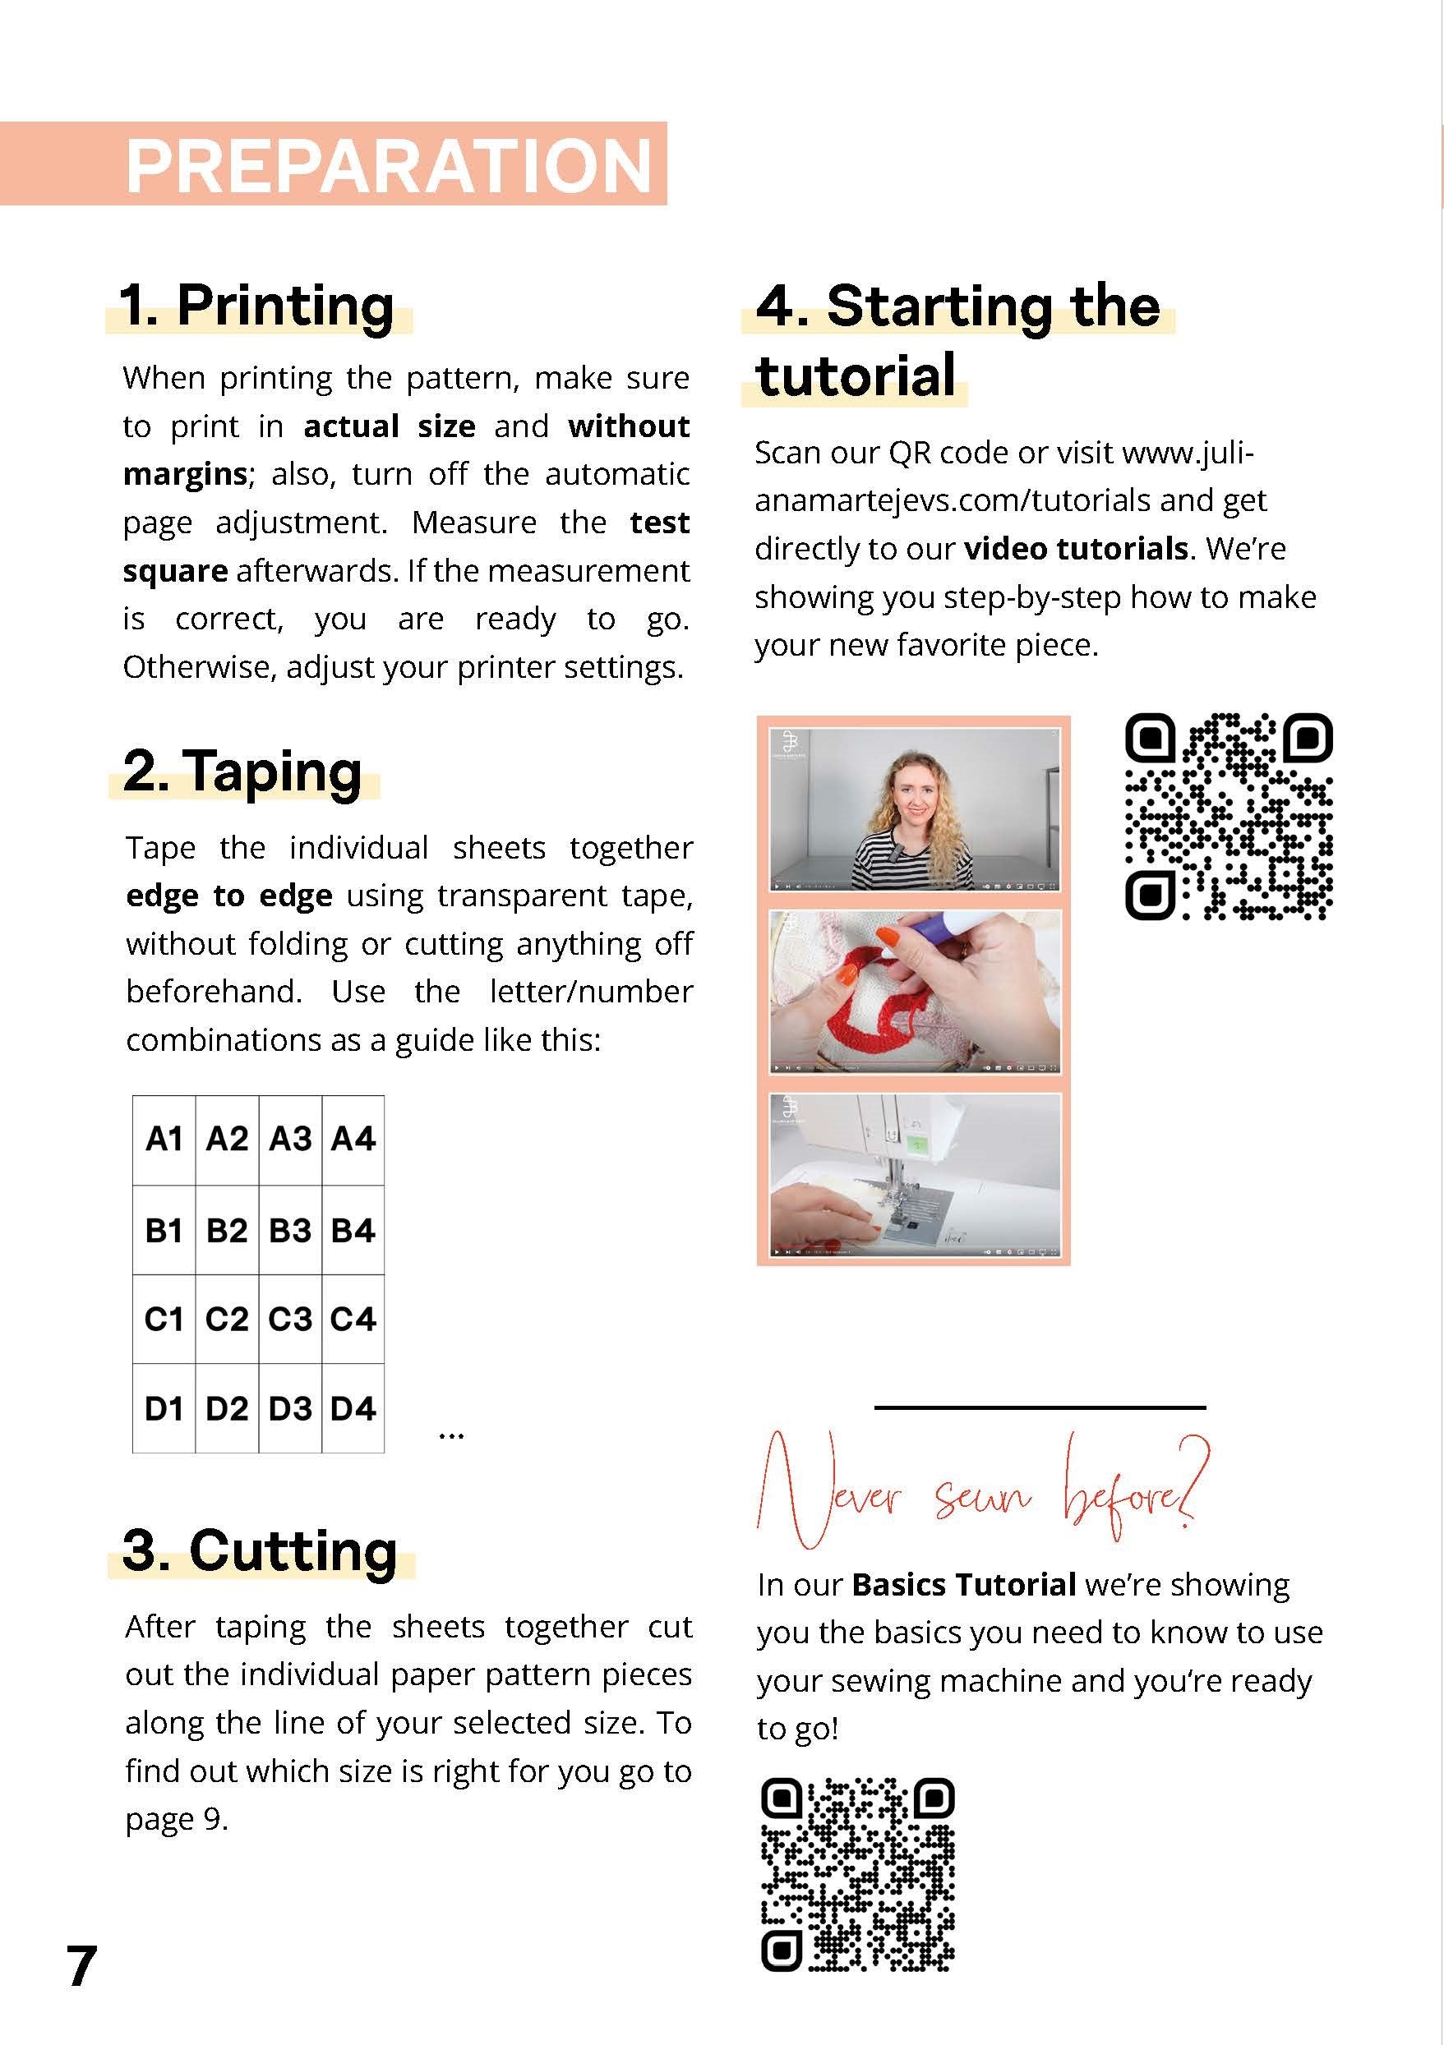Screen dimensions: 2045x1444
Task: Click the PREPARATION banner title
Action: (389, 166)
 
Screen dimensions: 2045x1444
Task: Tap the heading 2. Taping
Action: (242, 771)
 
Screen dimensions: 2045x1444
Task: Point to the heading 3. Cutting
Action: (260, 1550)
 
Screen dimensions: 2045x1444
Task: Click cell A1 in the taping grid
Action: (164, 1140)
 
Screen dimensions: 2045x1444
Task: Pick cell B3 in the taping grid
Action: (290, 1230)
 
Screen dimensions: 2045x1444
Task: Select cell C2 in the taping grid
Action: (227, 1319)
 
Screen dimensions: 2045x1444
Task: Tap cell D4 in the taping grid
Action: (353, 1408)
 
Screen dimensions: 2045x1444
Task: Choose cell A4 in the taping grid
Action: (353, 1140)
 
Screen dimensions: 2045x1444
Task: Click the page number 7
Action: (81, 1966)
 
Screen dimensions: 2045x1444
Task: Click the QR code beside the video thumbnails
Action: (1229, 816)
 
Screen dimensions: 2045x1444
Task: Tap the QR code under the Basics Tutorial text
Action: (858, 1874)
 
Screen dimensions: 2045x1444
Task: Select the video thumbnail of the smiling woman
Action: (914, 809)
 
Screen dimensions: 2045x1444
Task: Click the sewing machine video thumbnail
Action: (914, 1174)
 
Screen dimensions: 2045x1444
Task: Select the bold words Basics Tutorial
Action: (963, 1585)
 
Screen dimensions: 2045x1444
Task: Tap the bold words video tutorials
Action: (1076, 549)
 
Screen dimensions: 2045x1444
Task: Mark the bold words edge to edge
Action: (229, 895)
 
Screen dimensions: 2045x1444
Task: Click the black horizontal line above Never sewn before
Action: (1040, 1408)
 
